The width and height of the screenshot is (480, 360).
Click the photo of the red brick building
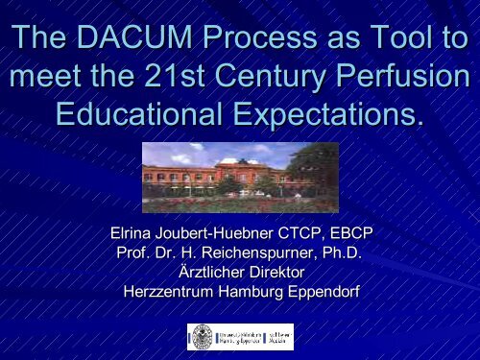click(239, 171)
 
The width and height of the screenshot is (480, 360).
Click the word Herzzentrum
click(170, 291)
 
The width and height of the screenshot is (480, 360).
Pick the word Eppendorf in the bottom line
click(322, 291)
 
